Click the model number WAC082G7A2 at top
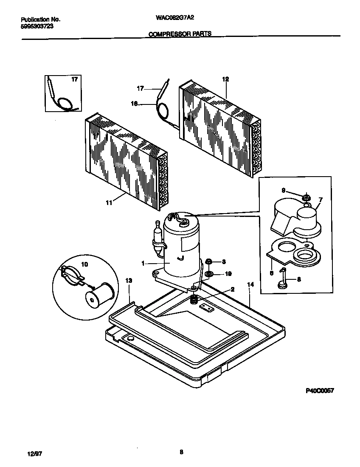point(175,19)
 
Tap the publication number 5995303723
point(37,26)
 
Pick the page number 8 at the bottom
point(181,452)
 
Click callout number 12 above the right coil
point(225,79)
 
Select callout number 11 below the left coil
point(109,203)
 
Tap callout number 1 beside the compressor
point(143,264)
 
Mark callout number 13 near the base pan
point(129,281)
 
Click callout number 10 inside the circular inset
point(84,264)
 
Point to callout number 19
point(228,274)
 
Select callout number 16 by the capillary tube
point(135,103)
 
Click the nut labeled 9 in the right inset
point(305,197)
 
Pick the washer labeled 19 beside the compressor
point(209,274)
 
